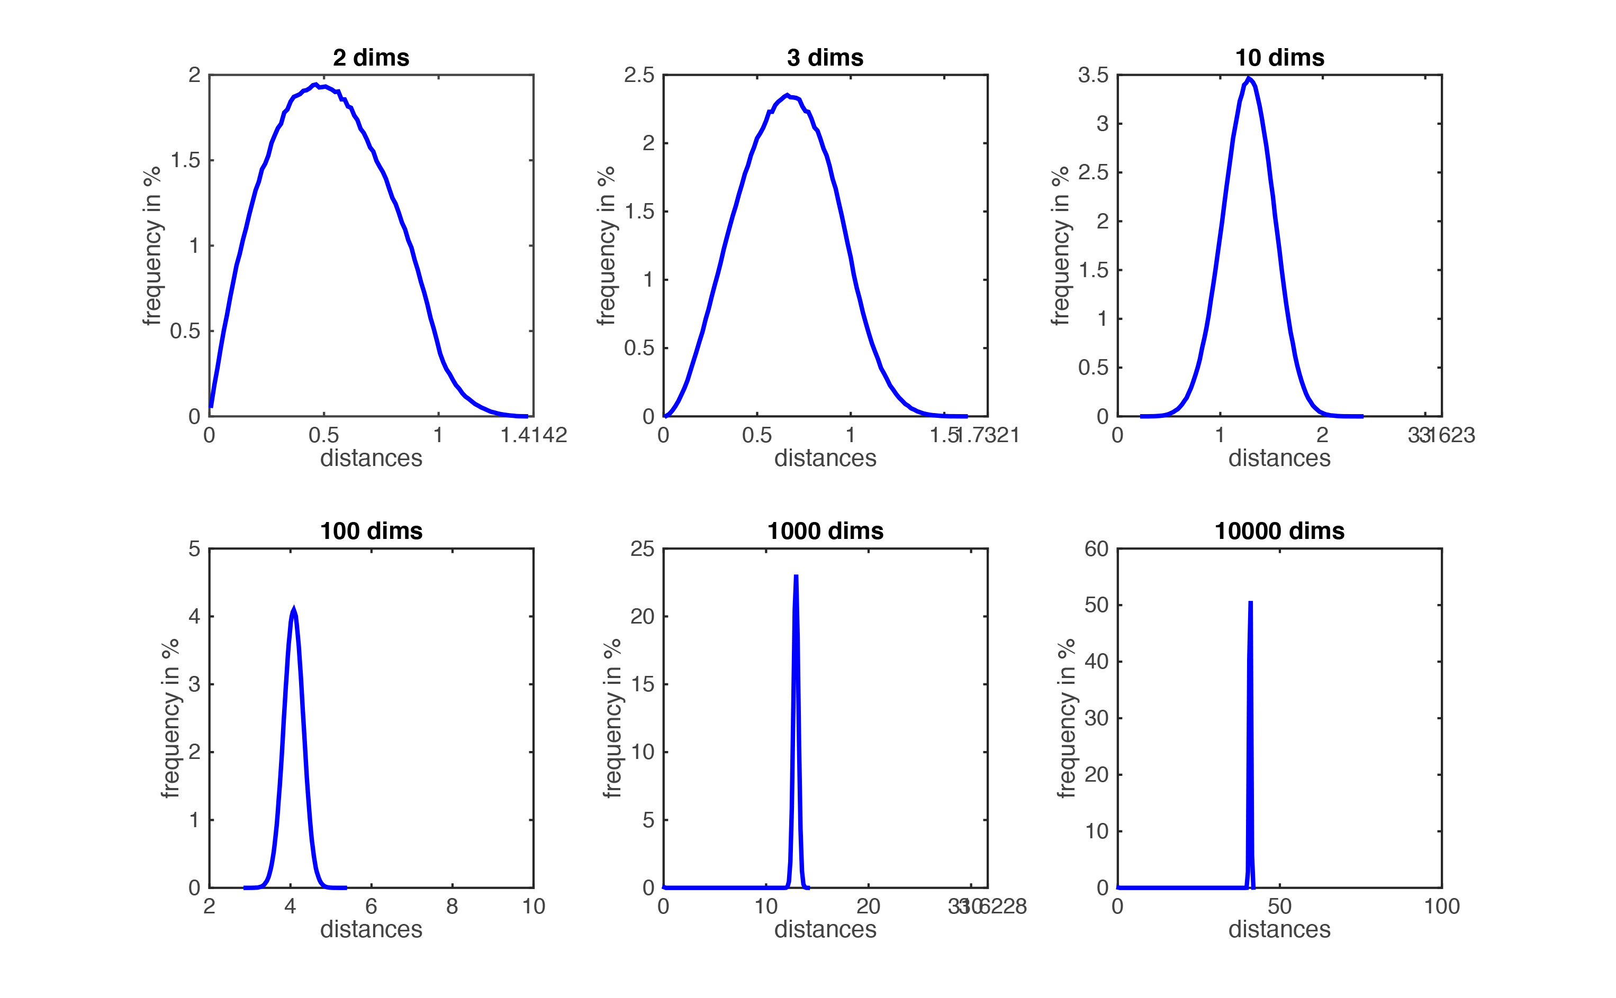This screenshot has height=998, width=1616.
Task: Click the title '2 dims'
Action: coord(371,58)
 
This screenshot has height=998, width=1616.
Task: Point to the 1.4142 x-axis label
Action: coord(534,435)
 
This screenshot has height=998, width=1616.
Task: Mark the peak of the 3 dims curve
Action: coord(787,95)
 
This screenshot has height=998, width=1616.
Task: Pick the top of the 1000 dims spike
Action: coord(797,576)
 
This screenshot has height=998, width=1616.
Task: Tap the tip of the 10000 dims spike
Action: coord(1251,602)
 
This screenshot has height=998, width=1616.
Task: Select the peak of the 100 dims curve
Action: coord(293,609)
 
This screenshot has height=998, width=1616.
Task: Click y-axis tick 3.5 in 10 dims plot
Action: coord(1093,75)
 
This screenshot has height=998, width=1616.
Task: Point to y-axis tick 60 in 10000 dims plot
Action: coord(1096,548)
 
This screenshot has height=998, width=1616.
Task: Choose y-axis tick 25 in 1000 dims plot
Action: coord(642,548)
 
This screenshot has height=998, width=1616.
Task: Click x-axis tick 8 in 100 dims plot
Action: coord(453,907)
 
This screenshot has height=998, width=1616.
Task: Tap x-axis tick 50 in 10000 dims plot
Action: coord(1279,907)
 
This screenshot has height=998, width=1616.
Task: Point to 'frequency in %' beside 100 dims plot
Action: coord(170,718)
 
